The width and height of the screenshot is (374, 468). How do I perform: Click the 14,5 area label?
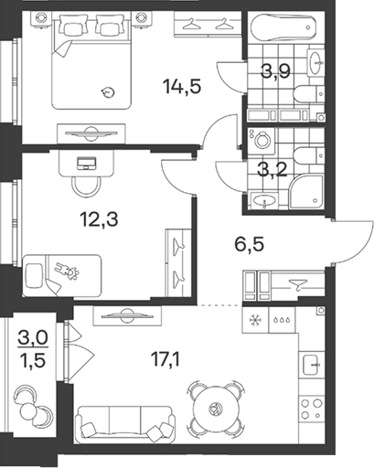182,86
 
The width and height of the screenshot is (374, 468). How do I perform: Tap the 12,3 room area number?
99,219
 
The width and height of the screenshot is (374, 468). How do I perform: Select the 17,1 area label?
166,359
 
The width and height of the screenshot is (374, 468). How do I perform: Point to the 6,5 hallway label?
249,245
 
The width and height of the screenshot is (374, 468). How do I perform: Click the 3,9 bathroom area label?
275,71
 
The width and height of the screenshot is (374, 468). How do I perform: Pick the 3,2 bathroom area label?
272,170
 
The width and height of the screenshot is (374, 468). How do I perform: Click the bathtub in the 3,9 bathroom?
283,27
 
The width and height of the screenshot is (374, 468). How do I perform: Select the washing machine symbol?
262,141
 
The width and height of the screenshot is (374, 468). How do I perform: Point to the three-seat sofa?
126,424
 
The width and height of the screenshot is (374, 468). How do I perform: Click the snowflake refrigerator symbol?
255,320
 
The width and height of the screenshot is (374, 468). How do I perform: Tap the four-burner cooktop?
312,409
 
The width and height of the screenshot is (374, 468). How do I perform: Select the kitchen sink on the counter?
313,365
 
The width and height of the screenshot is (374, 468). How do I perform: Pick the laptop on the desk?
87,163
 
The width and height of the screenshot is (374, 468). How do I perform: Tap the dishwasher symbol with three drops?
282,320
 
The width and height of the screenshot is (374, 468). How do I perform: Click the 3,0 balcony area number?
33,338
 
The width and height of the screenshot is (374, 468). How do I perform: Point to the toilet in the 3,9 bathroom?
309,93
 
